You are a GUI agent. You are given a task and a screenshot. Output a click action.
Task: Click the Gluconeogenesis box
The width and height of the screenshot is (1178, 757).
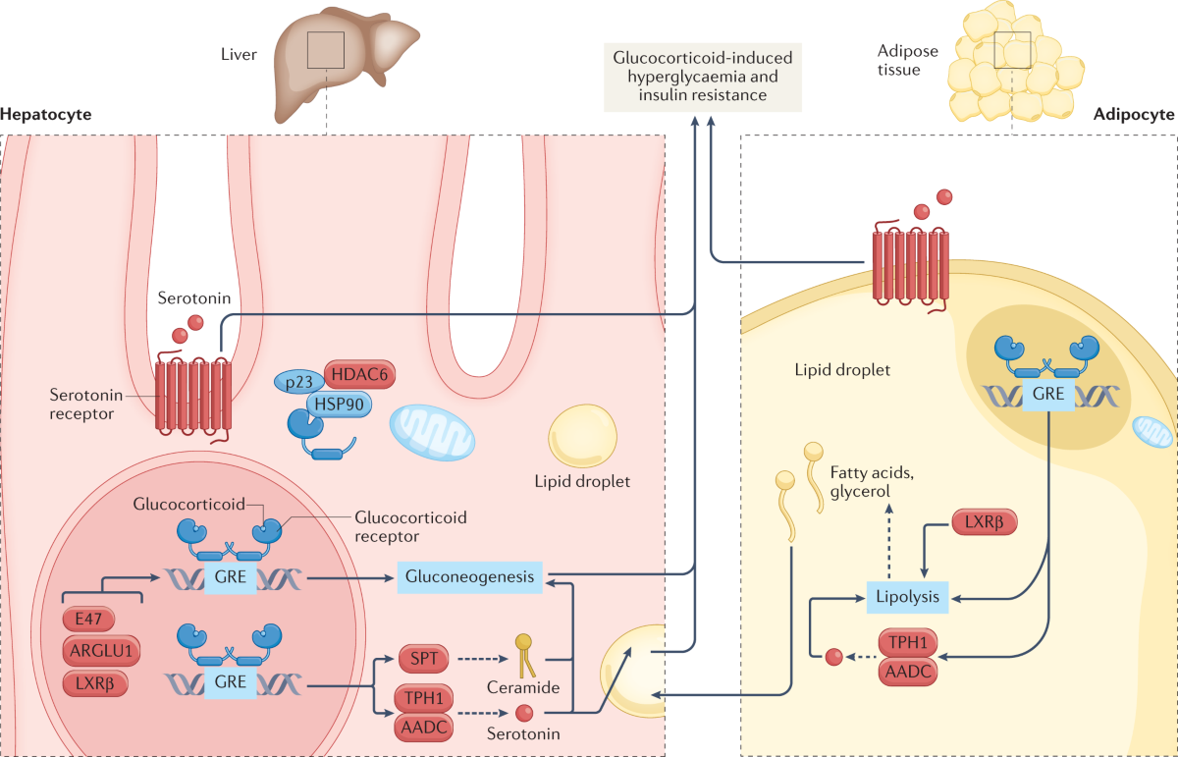point(469,577)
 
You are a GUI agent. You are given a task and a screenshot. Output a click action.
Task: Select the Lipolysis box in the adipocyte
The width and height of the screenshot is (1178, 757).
point(907,597)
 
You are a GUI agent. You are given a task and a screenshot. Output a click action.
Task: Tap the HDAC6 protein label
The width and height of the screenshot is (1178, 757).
point(359,374)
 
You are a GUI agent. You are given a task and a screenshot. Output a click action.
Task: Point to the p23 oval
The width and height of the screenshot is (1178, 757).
point(299,381)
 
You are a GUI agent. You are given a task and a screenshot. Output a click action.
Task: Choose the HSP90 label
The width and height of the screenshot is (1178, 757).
point(340,404)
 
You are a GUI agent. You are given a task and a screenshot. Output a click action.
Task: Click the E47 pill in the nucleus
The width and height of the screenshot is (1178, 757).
point(88,619)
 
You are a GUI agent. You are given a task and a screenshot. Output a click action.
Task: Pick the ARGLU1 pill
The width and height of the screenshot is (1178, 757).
point(101,651)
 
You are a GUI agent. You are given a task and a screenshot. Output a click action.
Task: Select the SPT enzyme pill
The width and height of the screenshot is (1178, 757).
point(424,659)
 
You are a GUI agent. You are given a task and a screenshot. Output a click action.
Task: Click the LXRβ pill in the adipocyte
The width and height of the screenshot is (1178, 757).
point(985,522)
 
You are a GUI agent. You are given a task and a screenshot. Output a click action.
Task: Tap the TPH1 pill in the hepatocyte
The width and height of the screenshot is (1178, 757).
point(424,698)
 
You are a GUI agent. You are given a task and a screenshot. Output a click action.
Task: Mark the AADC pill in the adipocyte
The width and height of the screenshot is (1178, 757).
point(908,672)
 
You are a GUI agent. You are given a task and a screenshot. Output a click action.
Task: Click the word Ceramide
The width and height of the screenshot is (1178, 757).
point(523,687)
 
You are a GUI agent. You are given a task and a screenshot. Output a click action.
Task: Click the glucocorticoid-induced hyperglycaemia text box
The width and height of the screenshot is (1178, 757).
point(703,77)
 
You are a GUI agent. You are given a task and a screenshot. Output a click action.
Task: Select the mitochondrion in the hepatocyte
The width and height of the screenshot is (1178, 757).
point(432,432)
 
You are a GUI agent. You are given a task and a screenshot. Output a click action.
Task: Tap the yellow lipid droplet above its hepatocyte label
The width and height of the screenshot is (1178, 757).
point(583,436)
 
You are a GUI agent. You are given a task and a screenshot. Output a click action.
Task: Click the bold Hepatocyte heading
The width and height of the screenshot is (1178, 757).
point(46,114)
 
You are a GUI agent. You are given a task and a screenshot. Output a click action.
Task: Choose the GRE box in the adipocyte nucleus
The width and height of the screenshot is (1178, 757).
point(1048,394)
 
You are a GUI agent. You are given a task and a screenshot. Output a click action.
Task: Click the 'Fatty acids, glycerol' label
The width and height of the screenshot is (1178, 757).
point(872,482)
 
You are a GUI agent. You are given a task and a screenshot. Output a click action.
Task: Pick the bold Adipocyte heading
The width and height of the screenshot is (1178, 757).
point(1134,114)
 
